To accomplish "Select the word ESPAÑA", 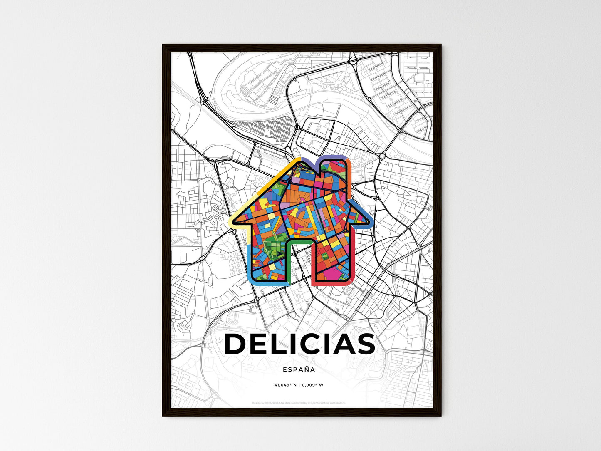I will pyautogui.click(x=299, y=369).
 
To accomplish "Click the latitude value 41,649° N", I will pyautogui.click(x=285, y=385).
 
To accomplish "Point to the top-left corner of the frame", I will pyautogui.click(x=163, y=45).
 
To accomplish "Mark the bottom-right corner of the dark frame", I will pyautogui.click(x=440, y=416).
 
